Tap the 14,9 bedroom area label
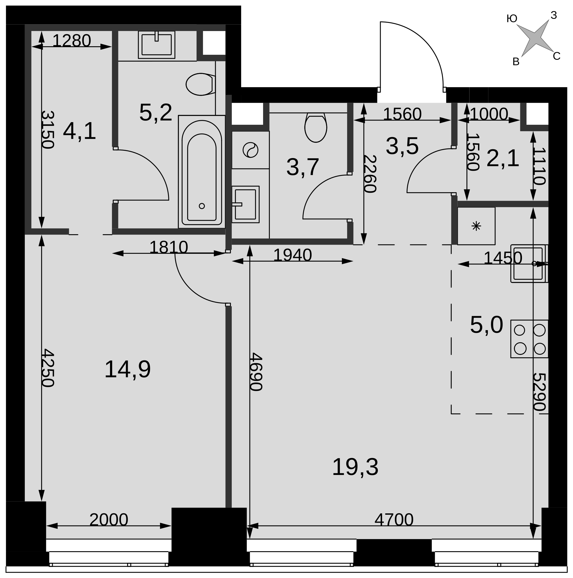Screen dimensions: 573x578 click(127, 369)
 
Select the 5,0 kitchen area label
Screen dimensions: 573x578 click(486, 325)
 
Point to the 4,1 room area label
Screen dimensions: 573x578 click(79, 131)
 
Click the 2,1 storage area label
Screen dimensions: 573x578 click(503, 158)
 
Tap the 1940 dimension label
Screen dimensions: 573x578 click(292, 255)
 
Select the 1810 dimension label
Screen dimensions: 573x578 click(168, 248)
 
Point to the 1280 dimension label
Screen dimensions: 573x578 click(71, 40)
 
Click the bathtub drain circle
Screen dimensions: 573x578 click(202, 206)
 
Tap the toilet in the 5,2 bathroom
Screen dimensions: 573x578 click(200, 84)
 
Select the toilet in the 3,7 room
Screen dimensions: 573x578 click(316, 128)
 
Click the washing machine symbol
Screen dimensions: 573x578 click(250, 150)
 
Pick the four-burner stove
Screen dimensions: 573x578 click(529, 339)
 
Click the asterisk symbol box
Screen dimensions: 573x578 click(476, 226)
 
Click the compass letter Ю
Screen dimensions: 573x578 click(512, 19)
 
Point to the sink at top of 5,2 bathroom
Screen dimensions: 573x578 click(156, 45)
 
